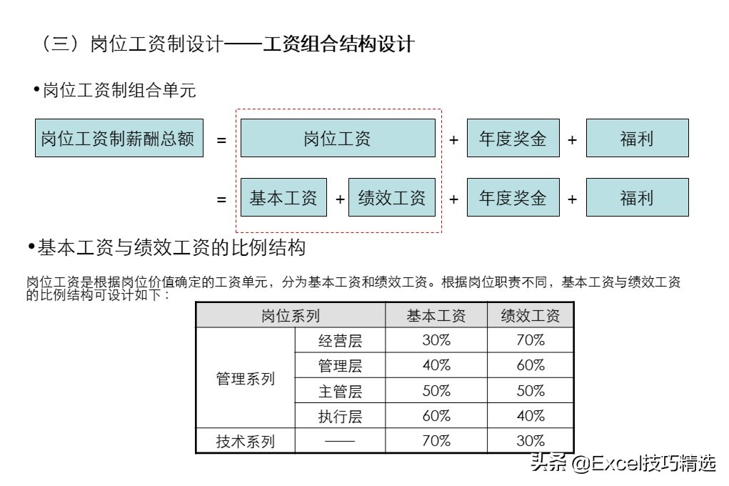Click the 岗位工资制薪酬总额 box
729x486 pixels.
pyautogui.click(x=119, y=138)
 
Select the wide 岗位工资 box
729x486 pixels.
pyautogui.click(x=338, y=138)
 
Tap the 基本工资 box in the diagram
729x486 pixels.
pyautogui.click(x=283, y=197)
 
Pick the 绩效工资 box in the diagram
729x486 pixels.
pyautogui.click(x=392, y=197)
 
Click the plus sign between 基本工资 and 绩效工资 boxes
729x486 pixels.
pyautogui.click(x=339, y=199)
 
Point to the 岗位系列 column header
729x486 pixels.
pyautogui.click(x=291, y=315)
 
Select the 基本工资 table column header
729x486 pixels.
pyautogui.click(x=436, y=315)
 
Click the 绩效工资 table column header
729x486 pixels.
pyautogui.click(x=531, y=315)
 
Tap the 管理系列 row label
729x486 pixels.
pyautogui.click(x=246, y=378)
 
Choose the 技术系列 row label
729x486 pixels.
pyautogui.click(x=246, y=441)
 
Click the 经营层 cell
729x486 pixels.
pyautogui.click(x=340, y=340)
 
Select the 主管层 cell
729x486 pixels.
pyautogui.click(x=340, y=391)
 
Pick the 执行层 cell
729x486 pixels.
pyautogui.click(x=340, y=416)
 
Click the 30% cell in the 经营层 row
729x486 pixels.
pyautogui.click(x=436, y=340)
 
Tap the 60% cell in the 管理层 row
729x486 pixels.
pyautogui.click(x=531, y=365)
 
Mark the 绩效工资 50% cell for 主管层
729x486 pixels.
pyautogui.click(x=531, y=391)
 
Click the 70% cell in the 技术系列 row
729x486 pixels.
pyautogui.click(x=436, y=441)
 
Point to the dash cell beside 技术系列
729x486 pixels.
pyautogui.click(x=340, y=441)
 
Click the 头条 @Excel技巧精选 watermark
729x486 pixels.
pyautogui.click(x=621, y=464)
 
